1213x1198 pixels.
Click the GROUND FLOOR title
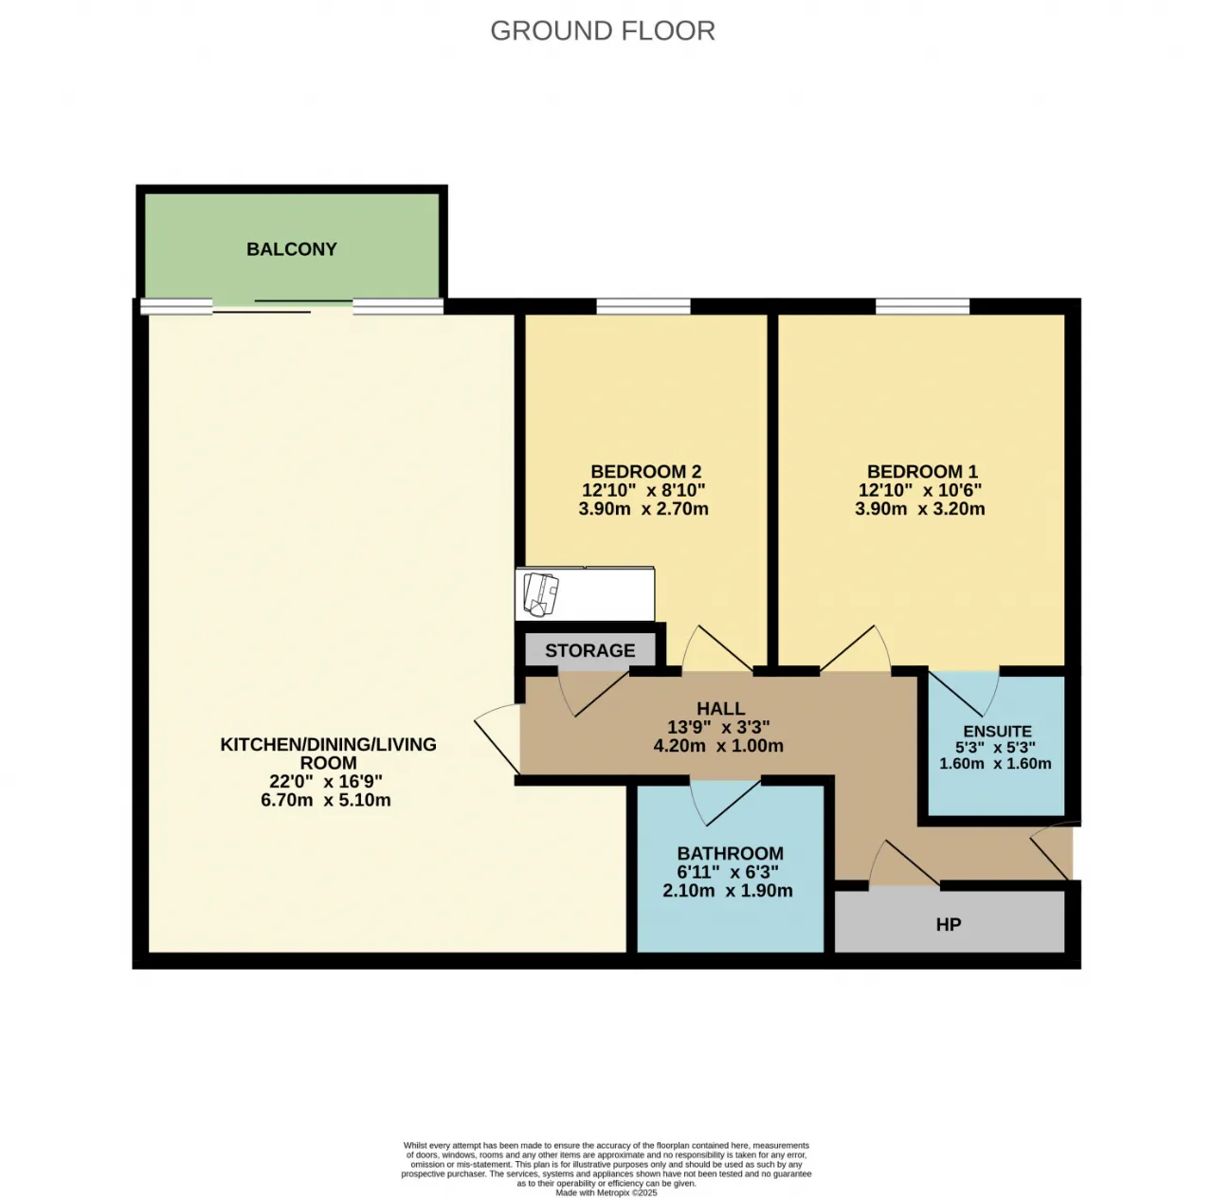(603, 31)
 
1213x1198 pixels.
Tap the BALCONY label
(292, 249)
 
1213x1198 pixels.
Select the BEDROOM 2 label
(646, 472)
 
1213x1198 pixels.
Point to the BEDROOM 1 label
(922, 472)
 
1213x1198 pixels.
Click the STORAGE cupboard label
(590, 650)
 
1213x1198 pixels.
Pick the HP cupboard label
(949, 925)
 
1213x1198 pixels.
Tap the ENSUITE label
(998, 732)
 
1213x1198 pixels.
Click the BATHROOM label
(731, 853)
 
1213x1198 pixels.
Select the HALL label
(721, 709)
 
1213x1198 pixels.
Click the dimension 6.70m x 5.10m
(326, 800)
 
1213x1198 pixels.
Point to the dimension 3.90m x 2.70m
(643, 508)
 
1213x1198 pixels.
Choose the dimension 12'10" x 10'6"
(920, 490)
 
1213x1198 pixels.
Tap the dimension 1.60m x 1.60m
(996, 763)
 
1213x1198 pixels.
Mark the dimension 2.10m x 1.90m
(728, 891)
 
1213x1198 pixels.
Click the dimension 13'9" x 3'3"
(719, 727)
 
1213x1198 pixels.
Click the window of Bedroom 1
(922, 306)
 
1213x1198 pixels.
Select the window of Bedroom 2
(643, 306)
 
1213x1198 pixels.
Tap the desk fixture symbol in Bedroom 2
(585, 594)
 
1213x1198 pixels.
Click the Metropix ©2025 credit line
(606, 1193)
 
